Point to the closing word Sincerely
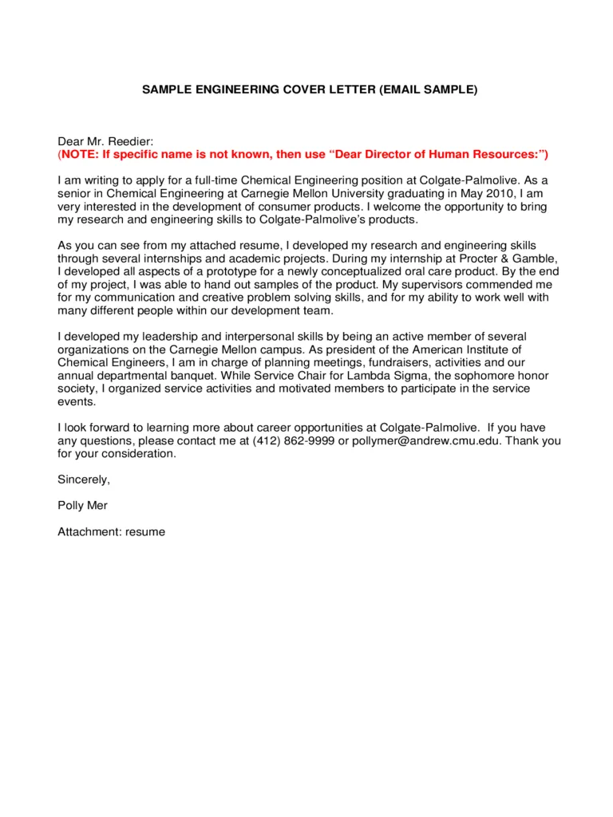coord(83,480)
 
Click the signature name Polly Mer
coord(82,505)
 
